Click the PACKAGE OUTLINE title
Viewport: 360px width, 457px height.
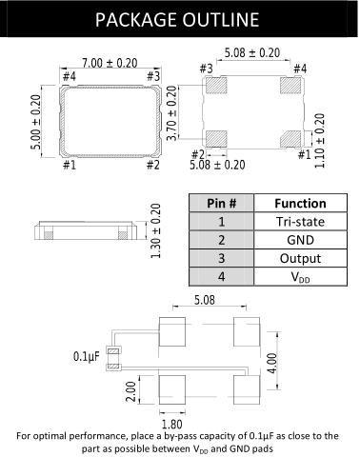(x=177, y=20)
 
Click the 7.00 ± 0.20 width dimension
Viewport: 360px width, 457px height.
(x=110, y=63)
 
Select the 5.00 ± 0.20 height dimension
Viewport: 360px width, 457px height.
(x=36, y=122)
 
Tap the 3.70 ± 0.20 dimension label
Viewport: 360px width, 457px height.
(x=171, y=113)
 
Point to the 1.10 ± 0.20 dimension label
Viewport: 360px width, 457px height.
(x=320, y=141)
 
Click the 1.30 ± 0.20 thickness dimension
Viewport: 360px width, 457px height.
(x=155, y=231)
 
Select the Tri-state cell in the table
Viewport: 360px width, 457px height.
(x=300, y=222)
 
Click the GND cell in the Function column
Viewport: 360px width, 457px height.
(x=300, y=240)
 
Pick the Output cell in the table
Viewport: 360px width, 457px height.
(x=300, y=259)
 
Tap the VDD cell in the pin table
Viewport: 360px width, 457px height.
(x=300, y=277)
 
